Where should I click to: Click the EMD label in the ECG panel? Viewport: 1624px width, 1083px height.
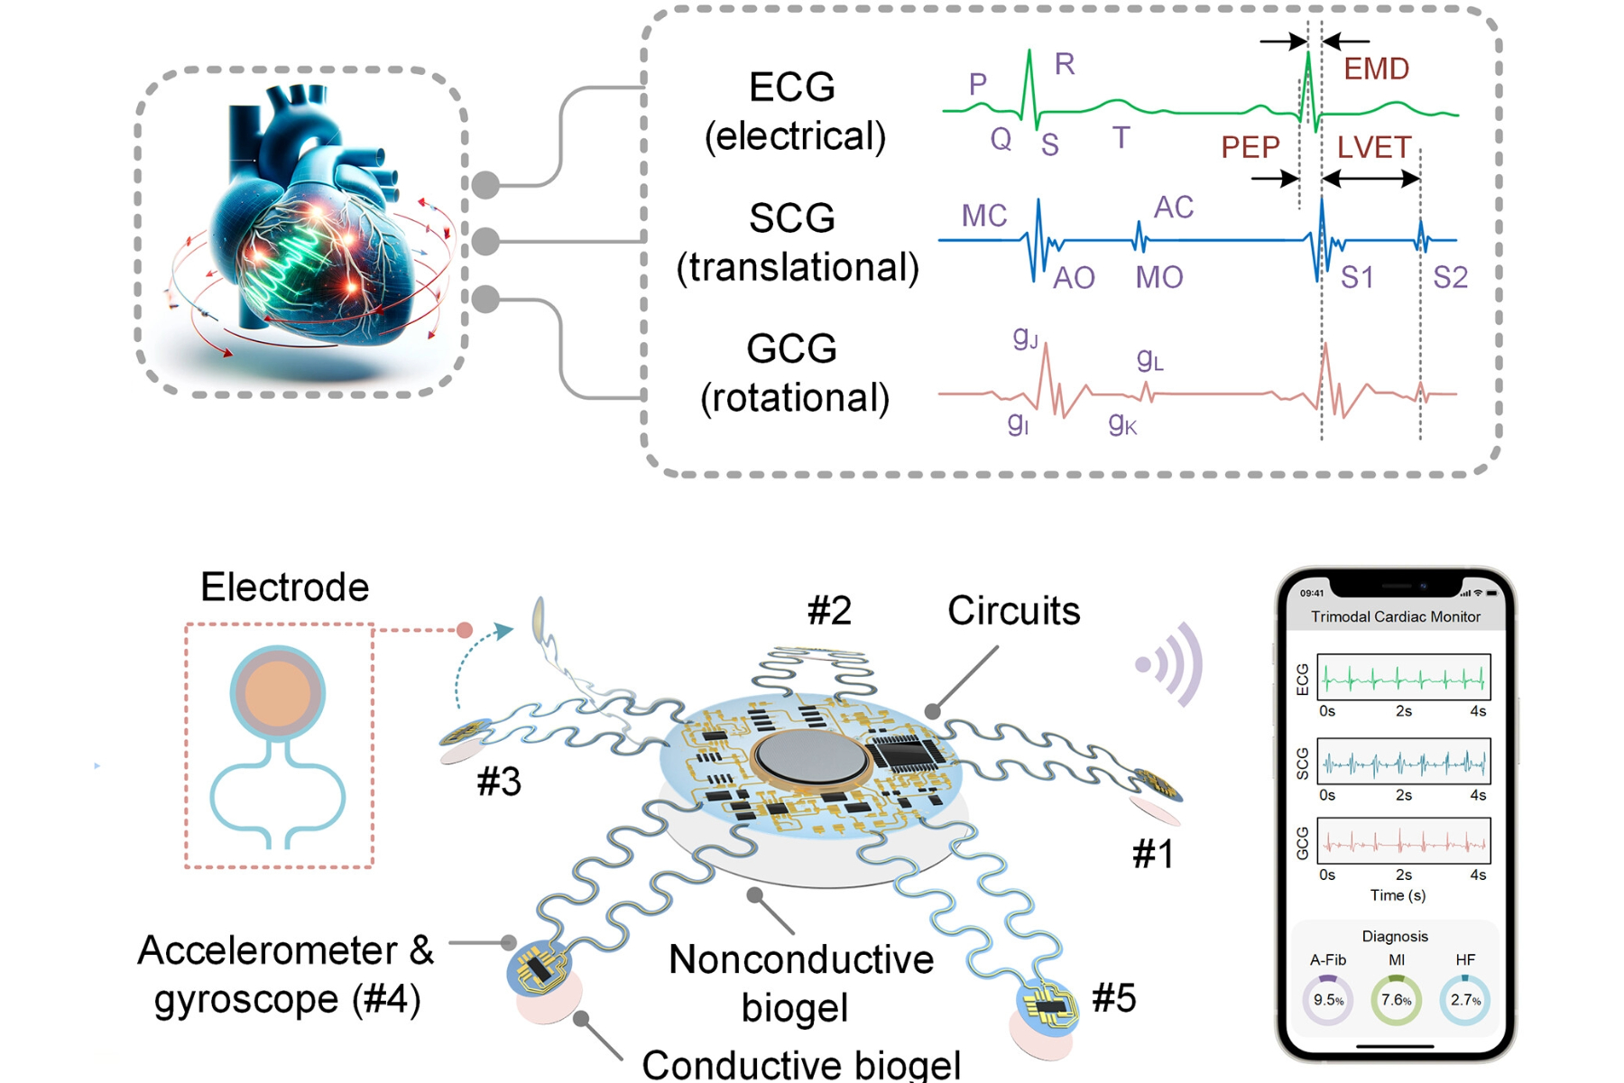click(1376, 69)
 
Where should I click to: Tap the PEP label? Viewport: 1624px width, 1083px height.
click(1250, 147)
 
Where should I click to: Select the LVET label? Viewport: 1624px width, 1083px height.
click(1373, 147)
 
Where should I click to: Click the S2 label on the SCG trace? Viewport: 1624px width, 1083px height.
click(1450, 277)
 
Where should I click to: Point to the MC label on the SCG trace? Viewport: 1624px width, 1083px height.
click(983, 216)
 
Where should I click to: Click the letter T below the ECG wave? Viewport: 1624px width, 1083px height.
click(1121, 138)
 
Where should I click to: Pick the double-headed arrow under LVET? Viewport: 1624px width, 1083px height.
click(1370, 180)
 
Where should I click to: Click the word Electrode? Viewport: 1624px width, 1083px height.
click(284, 588)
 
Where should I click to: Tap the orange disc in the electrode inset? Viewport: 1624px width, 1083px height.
click(277, 693)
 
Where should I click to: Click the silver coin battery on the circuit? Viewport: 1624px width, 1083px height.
click(810, 756)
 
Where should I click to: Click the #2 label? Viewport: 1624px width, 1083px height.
click(829, 611)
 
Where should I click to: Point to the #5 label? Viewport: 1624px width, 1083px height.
click(1113, 998)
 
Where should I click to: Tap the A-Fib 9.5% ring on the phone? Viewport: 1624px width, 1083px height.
click(1328, 1000)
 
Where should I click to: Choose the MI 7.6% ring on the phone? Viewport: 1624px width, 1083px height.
click(1396, 1000)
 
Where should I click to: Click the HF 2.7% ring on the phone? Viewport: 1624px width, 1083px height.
click(1464, 1000)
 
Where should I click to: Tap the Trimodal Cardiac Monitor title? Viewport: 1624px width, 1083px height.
click(1395, 616)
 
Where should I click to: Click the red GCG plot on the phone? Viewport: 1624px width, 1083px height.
click(1403, 842)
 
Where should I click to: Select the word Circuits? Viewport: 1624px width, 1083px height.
click(1013, 611)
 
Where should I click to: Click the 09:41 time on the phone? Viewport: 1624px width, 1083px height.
click(1312, 593)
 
